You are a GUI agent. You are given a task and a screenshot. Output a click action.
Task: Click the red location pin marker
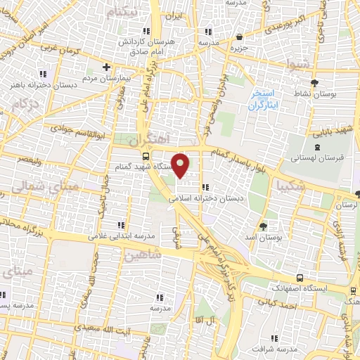[x=181, y=165]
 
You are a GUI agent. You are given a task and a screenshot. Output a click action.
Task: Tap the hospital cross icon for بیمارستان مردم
[x=106, y=67]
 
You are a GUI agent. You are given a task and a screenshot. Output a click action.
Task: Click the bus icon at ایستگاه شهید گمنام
[x=145, y=157]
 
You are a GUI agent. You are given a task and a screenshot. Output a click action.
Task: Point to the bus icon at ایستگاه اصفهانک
[x=300, y=277]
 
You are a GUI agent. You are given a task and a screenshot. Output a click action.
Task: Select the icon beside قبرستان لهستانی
[x=317, y=147]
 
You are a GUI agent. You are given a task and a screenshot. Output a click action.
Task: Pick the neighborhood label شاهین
[x=143, y=256]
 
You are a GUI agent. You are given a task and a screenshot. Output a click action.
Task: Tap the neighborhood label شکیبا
[x=292, y=186]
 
